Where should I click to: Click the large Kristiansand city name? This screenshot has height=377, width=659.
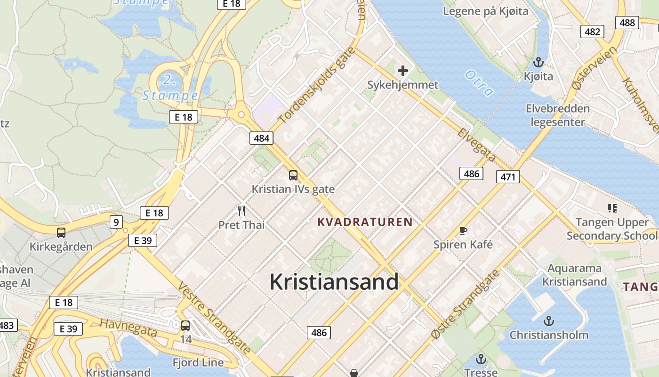[334, 282]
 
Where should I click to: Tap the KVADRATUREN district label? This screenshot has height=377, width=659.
[365, 222]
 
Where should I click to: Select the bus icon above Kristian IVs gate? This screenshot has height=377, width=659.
[293, 175]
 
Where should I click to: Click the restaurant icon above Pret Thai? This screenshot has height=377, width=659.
[241, 210]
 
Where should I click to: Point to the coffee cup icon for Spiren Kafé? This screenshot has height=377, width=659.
[463, 230]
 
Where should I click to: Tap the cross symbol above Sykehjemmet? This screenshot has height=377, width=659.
[403, 71]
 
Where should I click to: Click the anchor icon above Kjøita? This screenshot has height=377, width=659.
[538, 62]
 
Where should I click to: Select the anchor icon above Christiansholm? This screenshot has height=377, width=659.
[548, 321]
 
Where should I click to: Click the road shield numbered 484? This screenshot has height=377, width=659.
[261, 138]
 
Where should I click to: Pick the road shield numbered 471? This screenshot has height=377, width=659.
[508, 177]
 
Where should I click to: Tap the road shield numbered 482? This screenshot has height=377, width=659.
[592, 32]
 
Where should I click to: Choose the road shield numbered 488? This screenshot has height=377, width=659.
[627, 22]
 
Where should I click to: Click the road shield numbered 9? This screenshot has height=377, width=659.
[116, 221]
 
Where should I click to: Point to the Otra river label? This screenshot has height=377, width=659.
[479, 82]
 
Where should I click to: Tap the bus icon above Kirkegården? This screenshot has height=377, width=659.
[61, 232]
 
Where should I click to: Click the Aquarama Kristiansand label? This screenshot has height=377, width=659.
[574, 275]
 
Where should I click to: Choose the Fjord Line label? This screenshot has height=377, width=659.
[198, 363]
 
